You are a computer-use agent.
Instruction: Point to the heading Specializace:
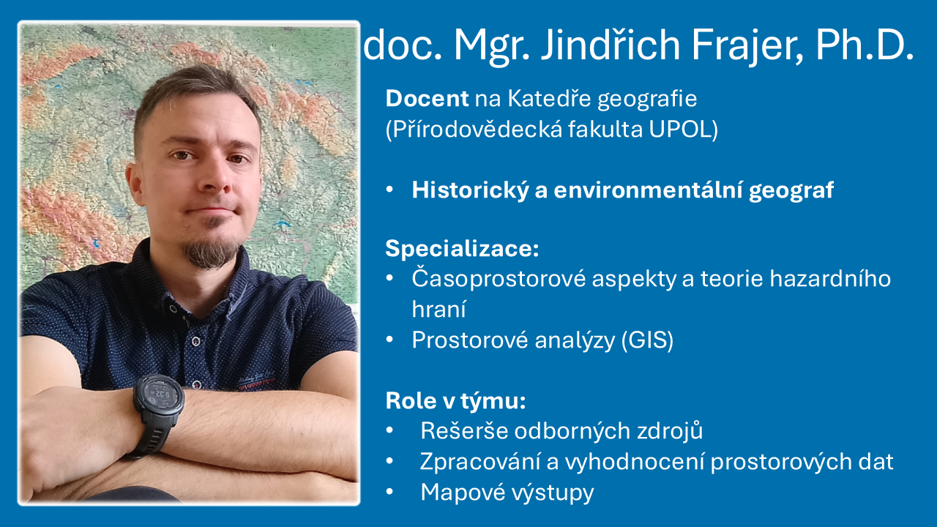[462, 248]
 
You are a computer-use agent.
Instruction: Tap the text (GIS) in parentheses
[646, 340]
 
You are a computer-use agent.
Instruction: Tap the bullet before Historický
[392, 190]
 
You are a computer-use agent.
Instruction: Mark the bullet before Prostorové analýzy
[392, 340]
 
